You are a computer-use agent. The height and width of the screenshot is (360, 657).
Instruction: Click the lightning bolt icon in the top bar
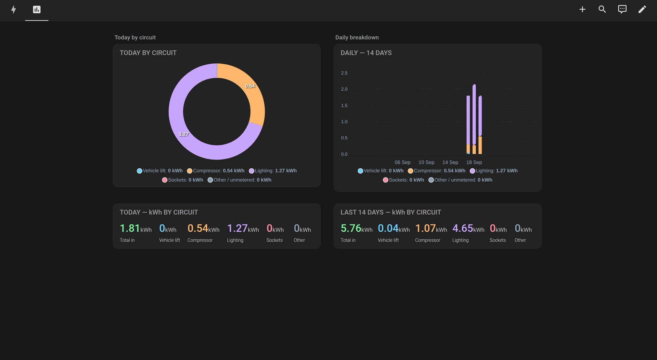tap(13, 9)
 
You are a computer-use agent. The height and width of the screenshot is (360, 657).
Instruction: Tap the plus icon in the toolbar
tap(582, 9)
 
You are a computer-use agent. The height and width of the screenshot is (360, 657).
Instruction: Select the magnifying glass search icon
tap(602, 9)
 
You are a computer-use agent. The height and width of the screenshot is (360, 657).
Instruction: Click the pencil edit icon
tap(642, 9)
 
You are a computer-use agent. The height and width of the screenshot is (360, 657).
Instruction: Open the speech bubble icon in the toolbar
tap(622, 9)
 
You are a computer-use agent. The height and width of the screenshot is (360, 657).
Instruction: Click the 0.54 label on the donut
tap(250, 86)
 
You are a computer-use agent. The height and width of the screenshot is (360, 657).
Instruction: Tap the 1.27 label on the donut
tap(183, 134)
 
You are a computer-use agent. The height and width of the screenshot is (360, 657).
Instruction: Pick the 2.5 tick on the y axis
tap(344, 73)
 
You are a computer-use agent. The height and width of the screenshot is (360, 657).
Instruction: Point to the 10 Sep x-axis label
tap(426, 162)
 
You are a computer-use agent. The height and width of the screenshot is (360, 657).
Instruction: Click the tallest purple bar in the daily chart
tap(474, 115)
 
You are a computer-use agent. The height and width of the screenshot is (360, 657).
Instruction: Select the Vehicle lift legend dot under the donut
tap(139, 171)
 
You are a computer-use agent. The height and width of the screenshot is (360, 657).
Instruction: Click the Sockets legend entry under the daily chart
tap(403, 180)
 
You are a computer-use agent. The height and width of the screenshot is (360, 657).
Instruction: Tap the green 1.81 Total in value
tap(130, 228)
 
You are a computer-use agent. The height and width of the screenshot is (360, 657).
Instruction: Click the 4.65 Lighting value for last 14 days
tap(463, 228)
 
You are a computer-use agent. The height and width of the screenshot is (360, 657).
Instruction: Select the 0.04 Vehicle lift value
tap(388, 228)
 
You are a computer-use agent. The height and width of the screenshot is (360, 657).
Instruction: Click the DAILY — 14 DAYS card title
tap(366, 53)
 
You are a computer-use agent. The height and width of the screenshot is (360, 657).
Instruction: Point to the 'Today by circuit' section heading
tap(135, 37)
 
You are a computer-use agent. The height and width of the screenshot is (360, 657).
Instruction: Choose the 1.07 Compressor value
tap(425, 228)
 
